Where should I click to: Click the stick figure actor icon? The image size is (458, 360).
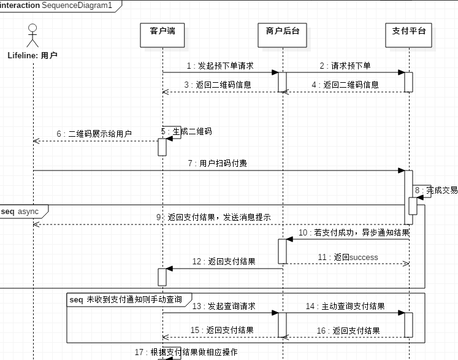[x=32, y=36]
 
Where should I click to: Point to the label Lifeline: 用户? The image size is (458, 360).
[x=32, y=56]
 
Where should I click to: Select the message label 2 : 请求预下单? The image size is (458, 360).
[x=345, y=66]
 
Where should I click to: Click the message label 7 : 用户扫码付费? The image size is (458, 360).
[x=218, y=164]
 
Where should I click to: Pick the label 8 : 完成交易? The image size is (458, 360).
[x=436, y=190]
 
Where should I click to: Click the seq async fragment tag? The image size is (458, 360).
[x=20, y=212]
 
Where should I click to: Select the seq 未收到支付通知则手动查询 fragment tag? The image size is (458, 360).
[x=126, y=299]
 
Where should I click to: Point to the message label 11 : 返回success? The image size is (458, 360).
[x=348, y=257]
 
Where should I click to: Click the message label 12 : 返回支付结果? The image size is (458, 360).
[x=224, y=261]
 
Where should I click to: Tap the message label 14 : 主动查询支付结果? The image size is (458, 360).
[x=345, y=306]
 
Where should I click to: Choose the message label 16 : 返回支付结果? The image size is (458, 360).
[x=348, y=331]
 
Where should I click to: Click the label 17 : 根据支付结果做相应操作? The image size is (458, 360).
[x=186, y=352]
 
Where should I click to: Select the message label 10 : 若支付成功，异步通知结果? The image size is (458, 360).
[x=354, y=232]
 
